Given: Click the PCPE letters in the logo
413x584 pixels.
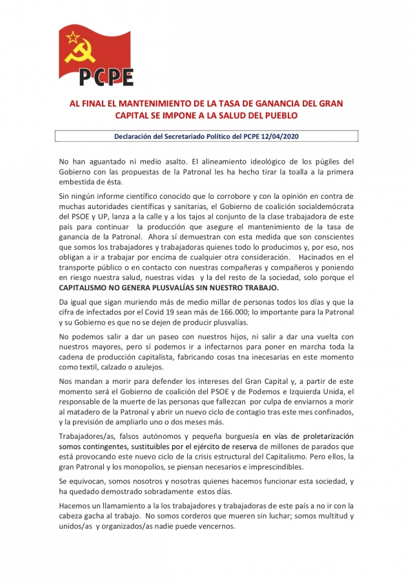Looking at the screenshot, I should [x=105, y=76].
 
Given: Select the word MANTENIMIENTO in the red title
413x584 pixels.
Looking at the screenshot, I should [x=155, y=103].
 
